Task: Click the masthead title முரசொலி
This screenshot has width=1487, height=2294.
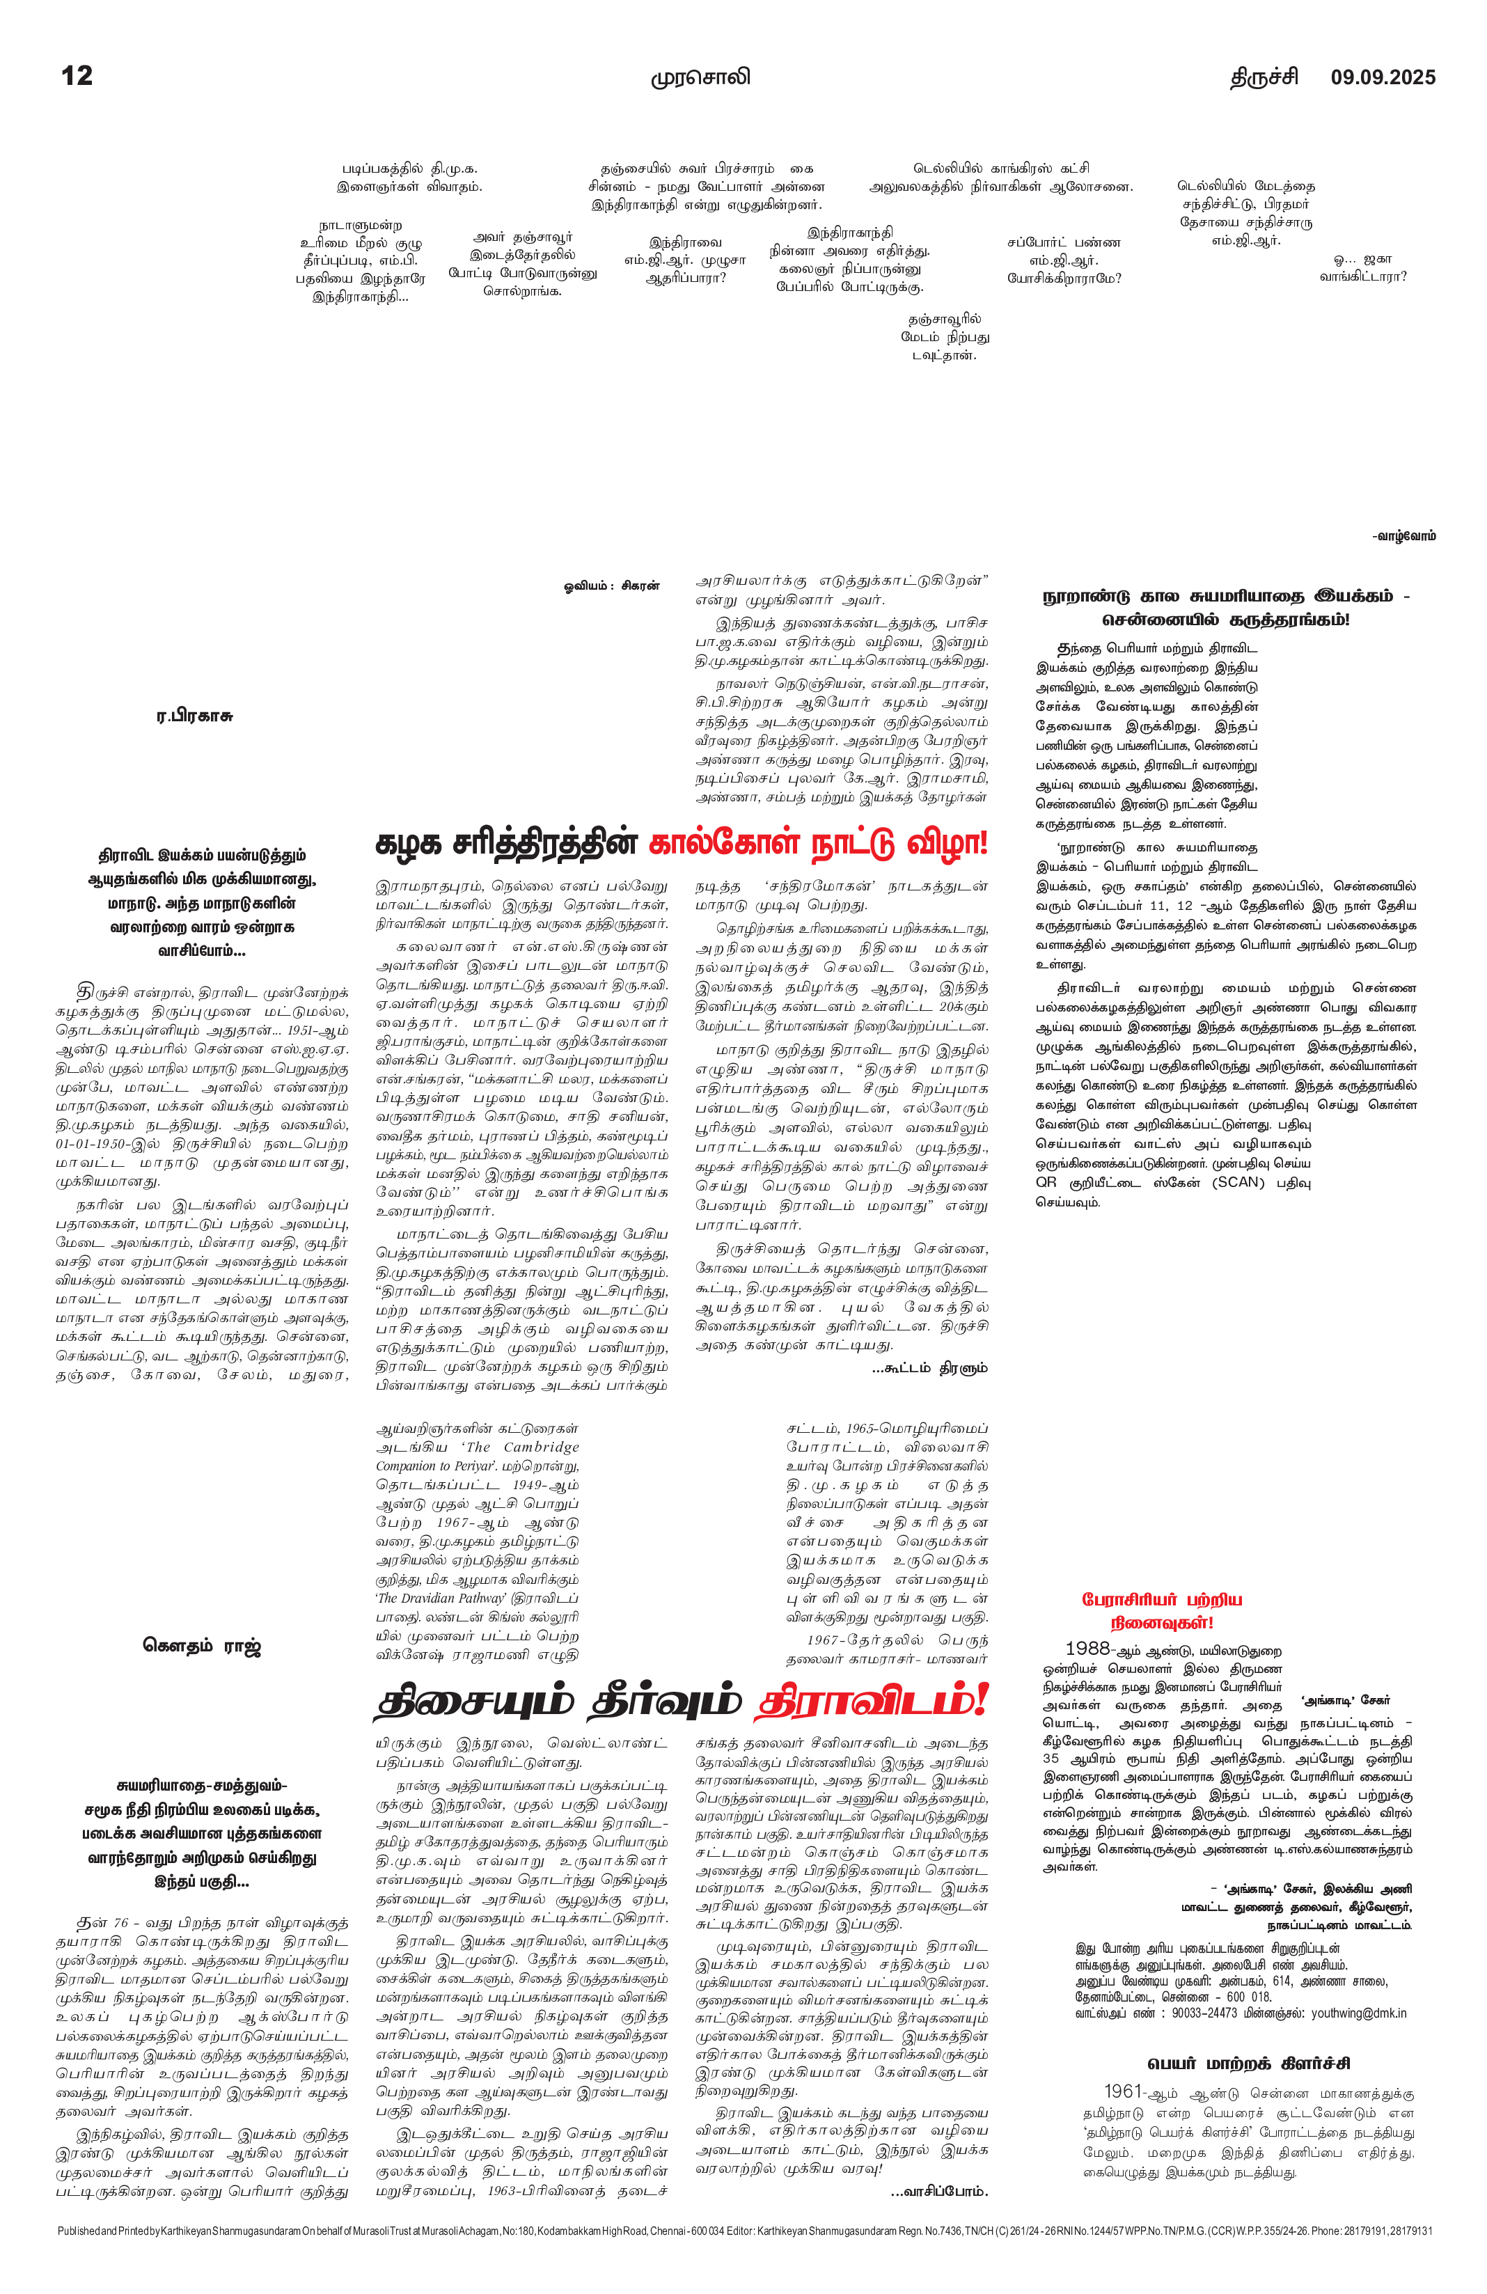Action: click(x=700, y=77)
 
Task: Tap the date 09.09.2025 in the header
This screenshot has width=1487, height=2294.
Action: click(x=1383, y=77)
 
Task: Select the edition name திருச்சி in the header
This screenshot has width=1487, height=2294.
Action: click(x=1264, y=77)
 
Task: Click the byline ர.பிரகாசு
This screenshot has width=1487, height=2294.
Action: click(x=195, y=716)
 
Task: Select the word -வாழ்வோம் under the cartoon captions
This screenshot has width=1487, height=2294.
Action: click(x=1404, y=536)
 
